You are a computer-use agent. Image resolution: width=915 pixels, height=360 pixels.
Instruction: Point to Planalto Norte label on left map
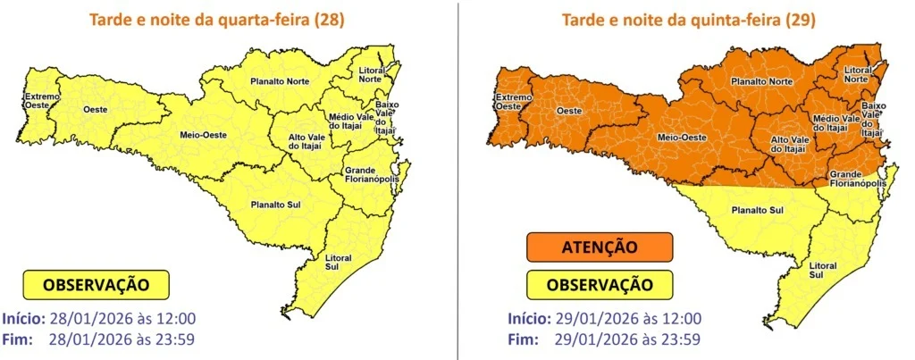pos(279,81)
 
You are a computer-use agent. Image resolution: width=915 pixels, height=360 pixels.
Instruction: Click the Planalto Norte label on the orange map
pos(760,81)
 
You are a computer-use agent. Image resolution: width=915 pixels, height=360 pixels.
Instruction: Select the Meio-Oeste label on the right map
pos(681,137)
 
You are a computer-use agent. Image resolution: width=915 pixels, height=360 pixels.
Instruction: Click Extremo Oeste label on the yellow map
pos(40,101)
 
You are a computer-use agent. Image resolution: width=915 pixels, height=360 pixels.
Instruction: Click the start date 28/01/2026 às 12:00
pos(130,319)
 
